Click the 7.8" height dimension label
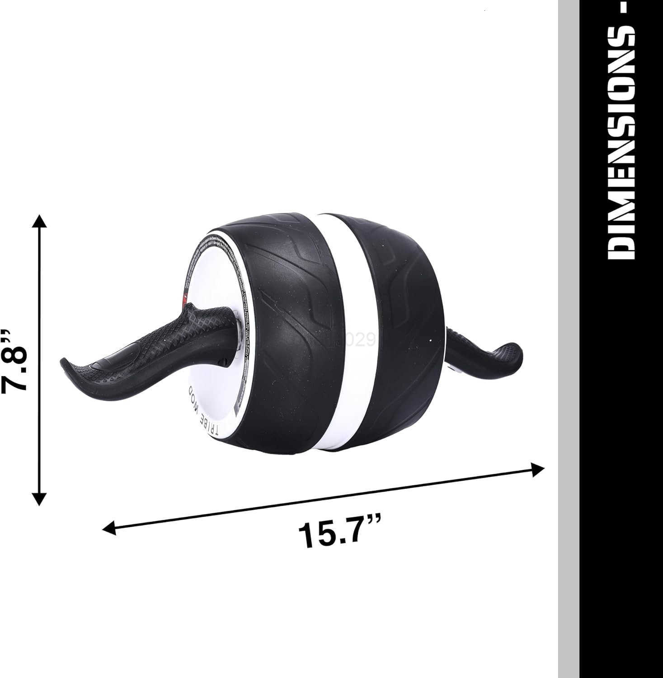click(x=17, y=360)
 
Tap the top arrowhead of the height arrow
click(x=40, y=222)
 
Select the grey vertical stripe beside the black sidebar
click(x=569, y=339)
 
